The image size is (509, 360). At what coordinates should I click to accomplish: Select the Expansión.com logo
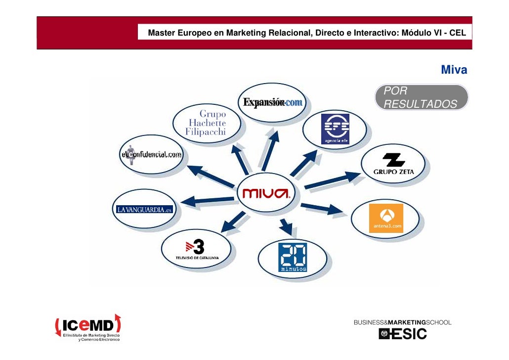coord(273,103)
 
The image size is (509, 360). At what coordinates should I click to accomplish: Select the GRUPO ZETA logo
coord(393,165)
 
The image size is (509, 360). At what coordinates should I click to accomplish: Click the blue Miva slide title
coord(454,70)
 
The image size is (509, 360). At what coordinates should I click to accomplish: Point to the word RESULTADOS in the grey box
coord(421,104)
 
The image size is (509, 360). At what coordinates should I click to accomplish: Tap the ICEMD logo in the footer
coord(87,327)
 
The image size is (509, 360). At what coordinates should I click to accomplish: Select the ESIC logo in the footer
coord(403,334)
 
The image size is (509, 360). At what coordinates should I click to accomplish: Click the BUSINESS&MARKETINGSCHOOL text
coord(402,322)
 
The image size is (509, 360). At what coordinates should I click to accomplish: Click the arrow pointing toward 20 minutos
coord(286,227)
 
